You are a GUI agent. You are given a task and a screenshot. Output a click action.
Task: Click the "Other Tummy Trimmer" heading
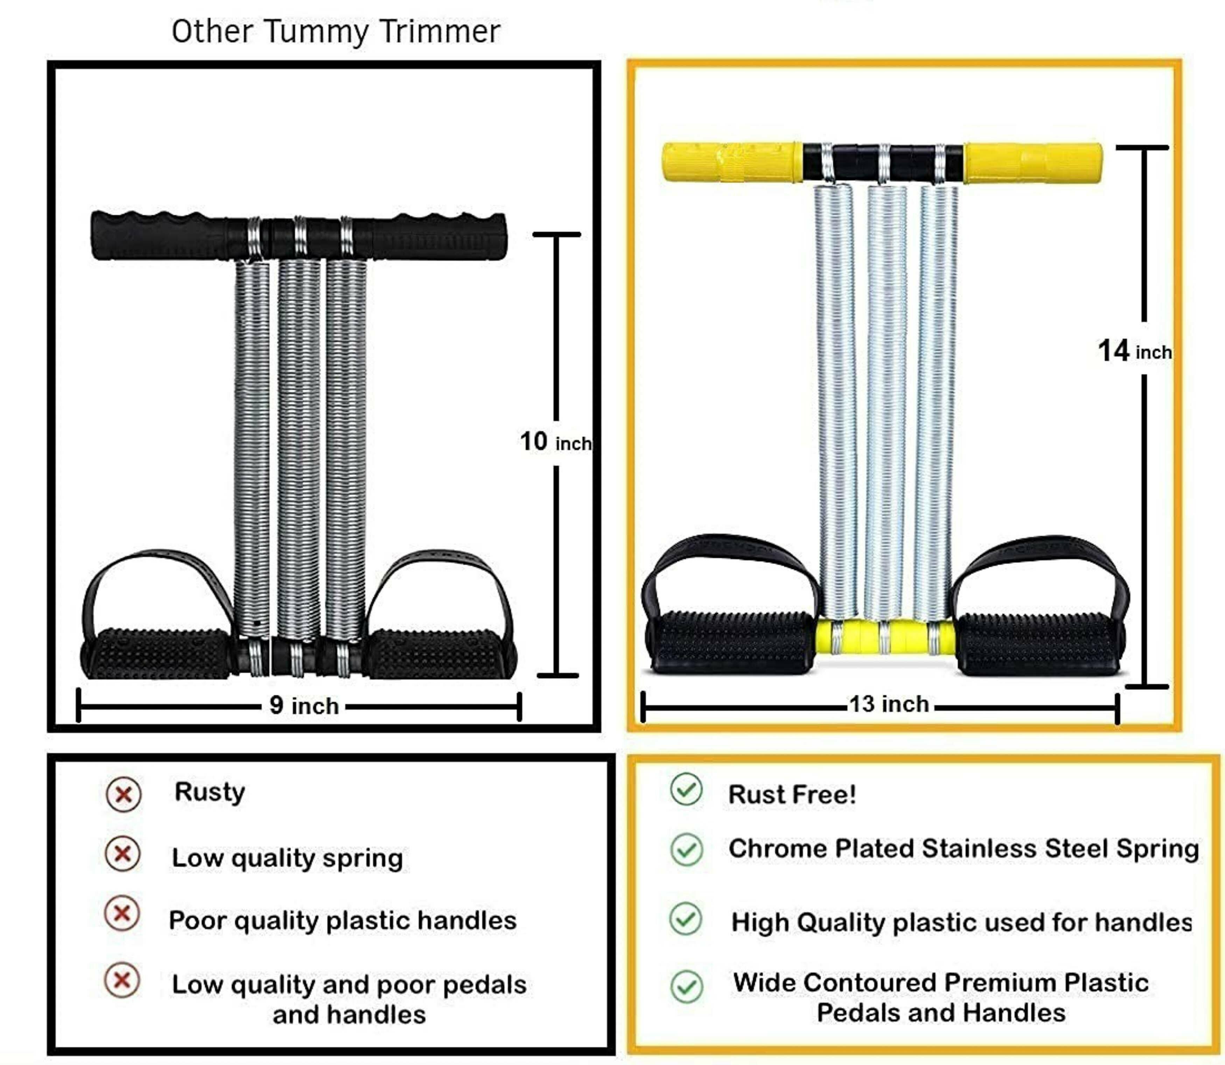pyautogui.click(x=336, y=32)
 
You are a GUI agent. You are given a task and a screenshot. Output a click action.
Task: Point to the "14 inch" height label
pyautogui.click(x=1134, y=351)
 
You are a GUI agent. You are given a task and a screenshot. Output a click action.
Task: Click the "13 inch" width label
pyautogui.click(x=889, y=704)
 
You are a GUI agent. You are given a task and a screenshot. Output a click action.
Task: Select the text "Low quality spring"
pyautogui.click(x=287, y=858)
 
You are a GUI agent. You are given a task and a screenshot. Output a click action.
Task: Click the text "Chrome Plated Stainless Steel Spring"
pyautogui.click(x=963, y=849)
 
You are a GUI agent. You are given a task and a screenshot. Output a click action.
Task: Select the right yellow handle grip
pyautogui.click(x=1032, y=162)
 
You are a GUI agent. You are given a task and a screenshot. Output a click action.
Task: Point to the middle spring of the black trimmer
pyautogui.click(x=299, y=446)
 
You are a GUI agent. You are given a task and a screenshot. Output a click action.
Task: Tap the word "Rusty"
pyautogui.click(x=209, y=792)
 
